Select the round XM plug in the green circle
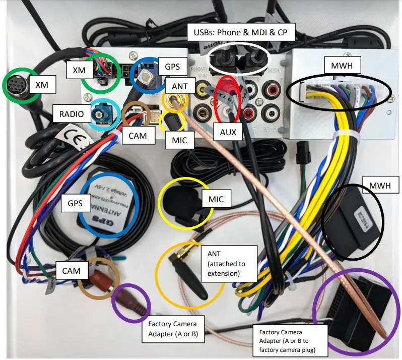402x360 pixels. pyautogui.click(x=18, y=86)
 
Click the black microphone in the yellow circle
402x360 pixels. pyautogui.click(x=181, y=200)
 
